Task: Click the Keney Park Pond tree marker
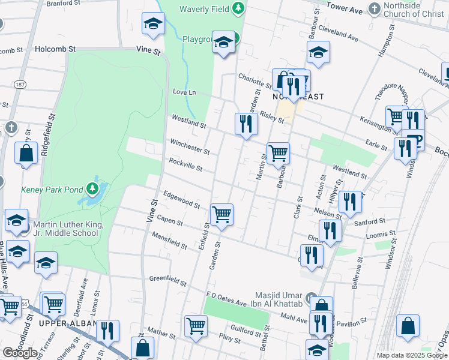pyautogui.click(x=92, y=190)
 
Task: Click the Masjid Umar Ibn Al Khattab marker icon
pyautogui.click(x=310, y=298)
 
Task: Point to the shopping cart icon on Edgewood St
pyautogui.click(x=221, y=214)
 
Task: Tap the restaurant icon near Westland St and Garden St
pyautogui.click(x=246, y=124)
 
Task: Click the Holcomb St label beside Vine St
pyautogui.click(x=55, y=49)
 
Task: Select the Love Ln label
pyautogui.click(x=184, y=92)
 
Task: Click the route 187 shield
pyautogui.click(x=20, y=84)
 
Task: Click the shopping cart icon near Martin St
pyautogui.click(x=278, y=153)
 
